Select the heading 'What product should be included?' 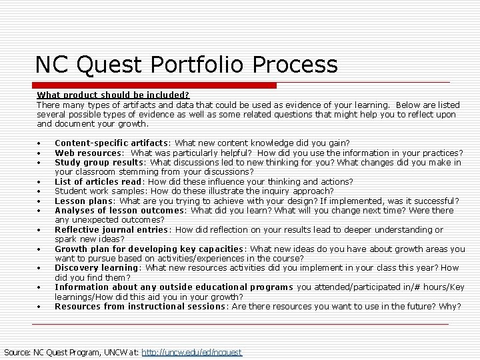(x=113, y=95)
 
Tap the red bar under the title (x=154, y=86)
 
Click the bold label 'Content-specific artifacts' (x=111, y=143)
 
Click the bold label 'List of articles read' (x=98, y=181)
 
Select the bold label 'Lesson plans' (x=85, y=201)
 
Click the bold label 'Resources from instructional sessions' (x=140, y=307)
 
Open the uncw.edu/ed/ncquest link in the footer (x=192, y=352)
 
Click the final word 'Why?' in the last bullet (x=449, y=307)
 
